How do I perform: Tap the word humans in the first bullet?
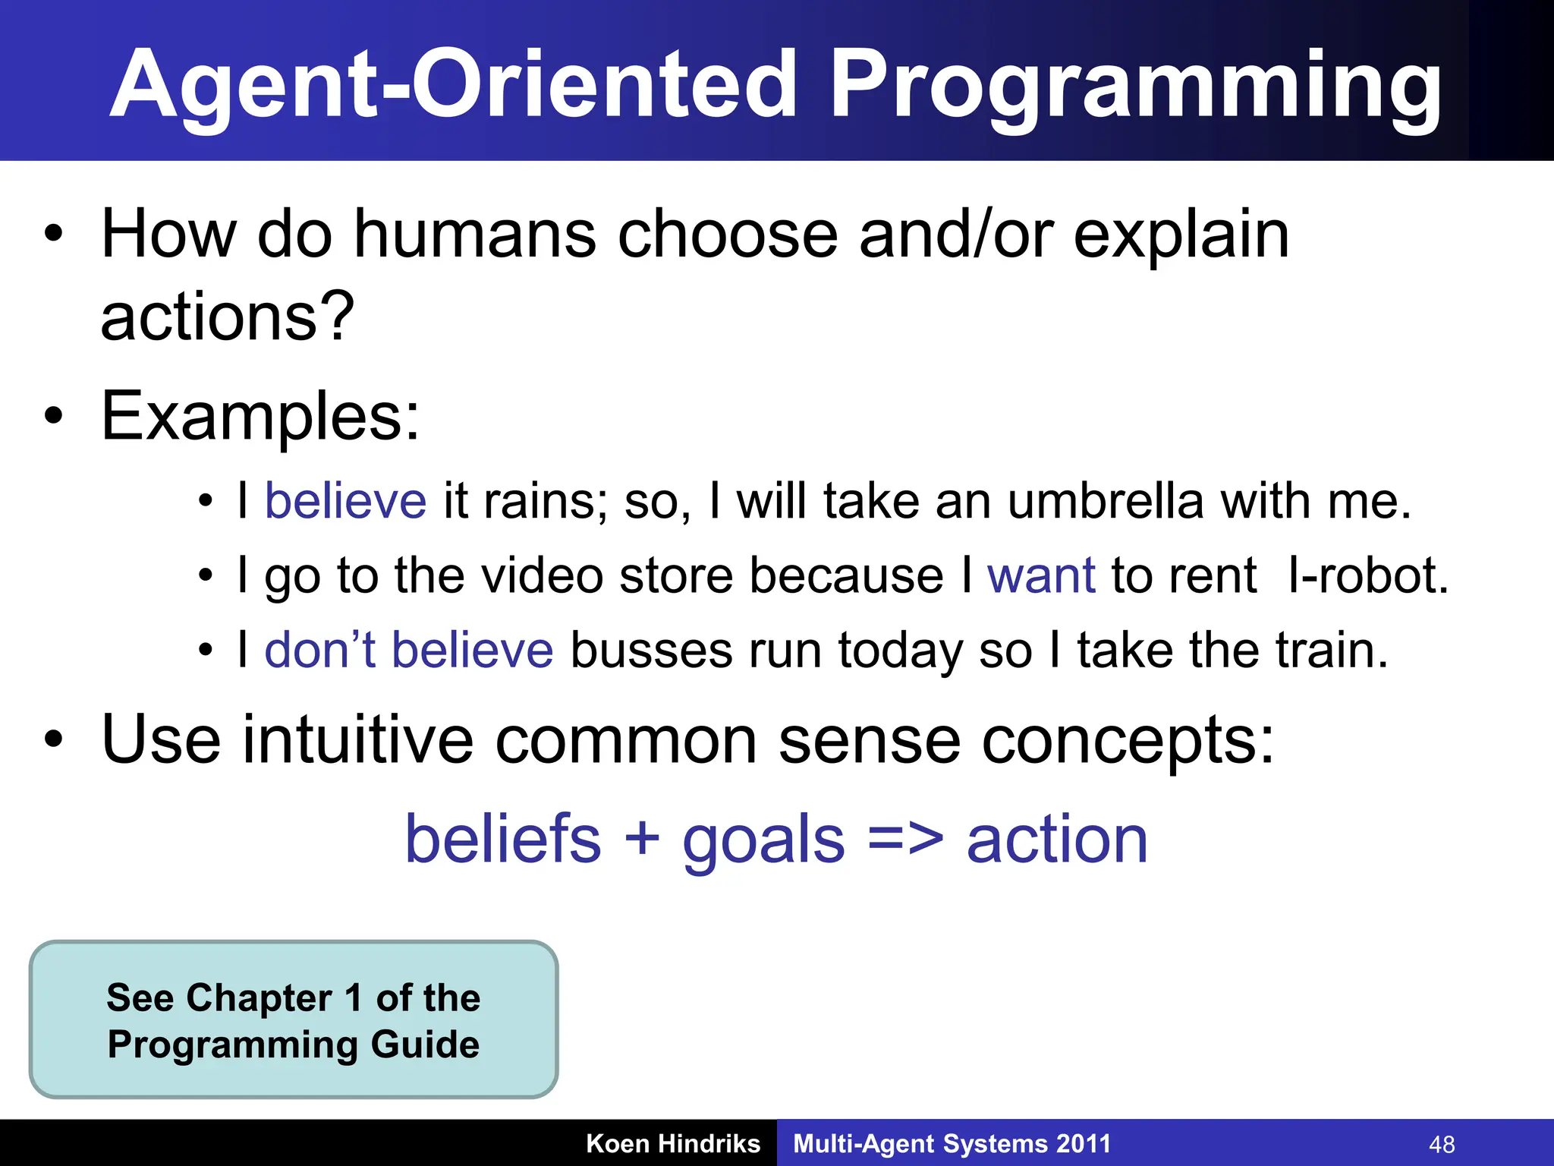pos(475,235)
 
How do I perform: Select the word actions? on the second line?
pos(227,317)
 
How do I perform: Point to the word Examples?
pos(260,417)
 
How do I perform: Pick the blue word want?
pos(1041,575)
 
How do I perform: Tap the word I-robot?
pos(1367,575)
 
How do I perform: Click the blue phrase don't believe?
pos(408,651)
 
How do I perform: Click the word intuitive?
pos(358,740)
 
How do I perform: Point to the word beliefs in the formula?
pos(503,840)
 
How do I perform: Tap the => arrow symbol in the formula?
pos(905,840)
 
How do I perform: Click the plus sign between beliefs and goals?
pos(642,840)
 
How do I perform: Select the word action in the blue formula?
pos(1057,840)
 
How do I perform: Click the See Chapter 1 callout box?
pos(294,1019)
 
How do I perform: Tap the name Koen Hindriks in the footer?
pos(673,1143)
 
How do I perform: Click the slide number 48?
pos(1442,1144)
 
